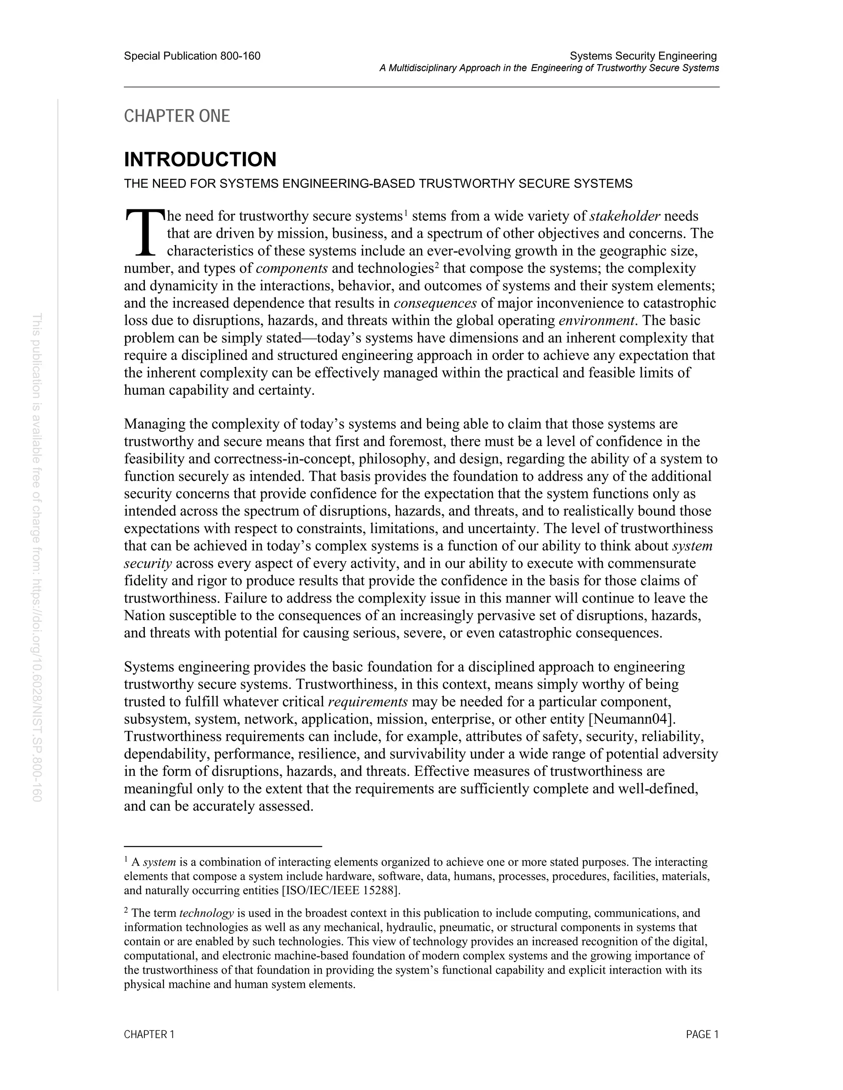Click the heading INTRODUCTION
click(200, 160)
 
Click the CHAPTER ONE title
click(177, 116)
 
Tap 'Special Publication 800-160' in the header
click(192, 56)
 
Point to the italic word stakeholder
click(625, 216)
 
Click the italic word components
click(292, 269)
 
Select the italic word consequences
click(435, 304)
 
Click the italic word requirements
click(368, 702)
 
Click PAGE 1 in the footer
click(702, 1034)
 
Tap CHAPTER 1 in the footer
click(149, 1034)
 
